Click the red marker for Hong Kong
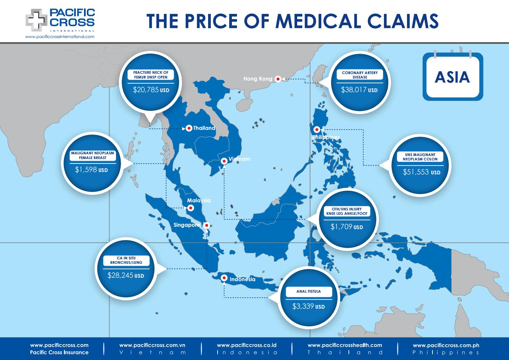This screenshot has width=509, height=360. click(x=278, y=79)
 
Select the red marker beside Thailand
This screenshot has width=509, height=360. click(x=189, y=128)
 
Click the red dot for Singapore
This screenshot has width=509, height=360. click(x=206, y=225)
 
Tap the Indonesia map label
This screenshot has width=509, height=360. click(x=242, y=279)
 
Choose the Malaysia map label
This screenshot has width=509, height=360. click(x=199, y=201)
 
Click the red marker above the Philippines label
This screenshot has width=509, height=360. click(x=317, y=130)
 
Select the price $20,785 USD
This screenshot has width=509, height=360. click(x=151, y=90)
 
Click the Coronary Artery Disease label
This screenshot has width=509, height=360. click(x=360, y=75)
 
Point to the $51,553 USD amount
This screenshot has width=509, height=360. click(x=421, y=172)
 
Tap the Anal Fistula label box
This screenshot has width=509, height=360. click(x=308, y=291)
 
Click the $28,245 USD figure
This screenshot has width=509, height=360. click(x=125, y=275)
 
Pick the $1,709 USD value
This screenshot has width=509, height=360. click(x=346, y=226)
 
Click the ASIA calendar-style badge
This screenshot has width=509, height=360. click(x=452, y=76)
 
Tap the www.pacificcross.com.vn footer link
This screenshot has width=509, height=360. click(x=152, y=345)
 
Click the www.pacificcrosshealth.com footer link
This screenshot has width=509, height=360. click(x=344, y=345)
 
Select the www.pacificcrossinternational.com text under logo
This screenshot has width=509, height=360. click(x=60, y=36)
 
